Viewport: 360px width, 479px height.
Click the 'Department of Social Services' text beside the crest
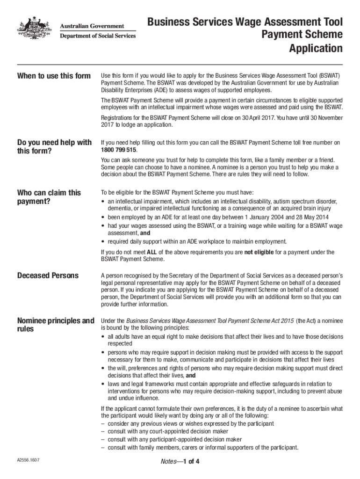97,36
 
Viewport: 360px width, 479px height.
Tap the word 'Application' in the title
316,48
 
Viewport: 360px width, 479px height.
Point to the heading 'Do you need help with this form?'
54,146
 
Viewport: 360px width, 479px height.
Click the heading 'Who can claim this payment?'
49,196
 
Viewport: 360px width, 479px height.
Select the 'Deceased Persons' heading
48,275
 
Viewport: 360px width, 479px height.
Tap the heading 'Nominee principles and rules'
55,325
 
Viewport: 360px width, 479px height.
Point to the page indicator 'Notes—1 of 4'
180,462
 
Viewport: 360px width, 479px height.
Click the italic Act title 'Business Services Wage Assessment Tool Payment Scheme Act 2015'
210,320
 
